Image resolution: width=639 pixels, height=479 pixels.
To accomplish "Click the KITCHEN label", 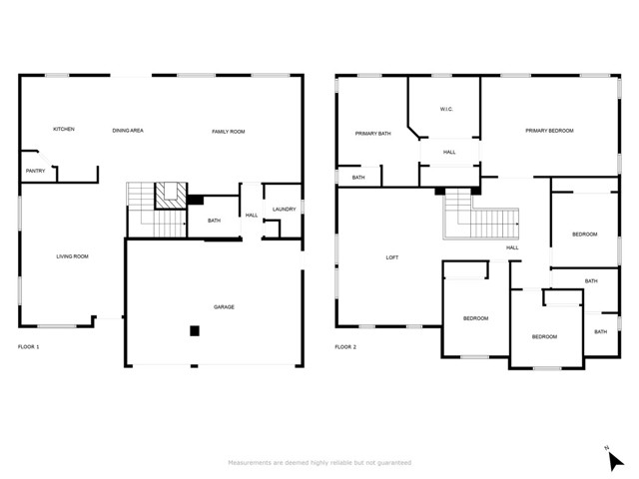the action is tap(64, 129).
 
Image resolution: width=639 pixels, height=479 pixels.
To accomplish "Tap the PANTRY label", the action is tap(36, 171).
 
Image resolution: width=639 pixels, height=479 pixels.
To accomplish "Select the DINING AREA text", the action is tap(128, 131).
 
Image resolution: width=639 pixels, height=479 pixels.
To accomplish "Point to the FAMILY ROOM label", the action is tap(229, 132).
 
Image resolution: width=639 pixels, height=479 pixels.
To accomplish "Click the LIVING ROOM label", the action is tap(72, 256).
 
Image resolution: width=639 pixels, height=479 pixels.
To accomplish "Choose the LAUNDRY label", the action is tap(284, 209).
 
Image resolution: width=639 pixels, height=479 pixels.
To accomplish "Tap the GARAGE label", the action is tap(224, 306).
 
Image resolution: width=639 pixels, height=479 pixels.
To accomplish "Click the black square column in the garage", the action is tap(195, 330).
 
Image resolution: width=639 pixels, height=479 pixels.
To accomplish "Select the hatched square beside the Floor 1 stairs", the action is tap(171, 196).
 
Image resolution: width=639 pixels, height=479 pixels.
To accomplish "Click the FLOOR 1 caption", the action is tap(29, 346).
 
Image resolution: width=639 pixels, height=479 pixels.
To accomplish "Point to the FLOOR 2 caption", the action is tap(345, 346).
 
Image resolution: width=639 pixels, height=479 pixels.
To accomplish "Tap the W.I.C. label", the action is tap(446, 109).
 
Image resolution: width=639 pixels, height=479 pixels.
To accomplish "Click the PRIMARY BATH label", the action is tap(372, 133).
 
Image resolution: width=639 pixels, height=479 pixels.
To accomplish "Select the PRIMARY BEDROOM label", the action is tap(549, 131).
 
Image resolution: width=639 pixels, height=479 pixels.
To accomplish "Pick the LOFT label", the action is tap(392, 257).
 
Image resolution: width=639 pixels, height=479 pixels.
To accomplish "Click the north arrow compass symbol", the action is tap(615, 461).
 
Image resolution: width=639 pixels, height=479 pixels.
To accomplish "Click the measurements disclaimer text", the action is tap(319, 463).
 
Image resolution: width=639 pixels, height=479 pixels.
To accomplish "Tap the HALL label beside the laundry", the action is tap(252, 216).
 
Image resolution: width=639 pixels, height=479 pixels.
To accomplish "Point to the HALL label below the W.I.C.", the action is tap(449, 152).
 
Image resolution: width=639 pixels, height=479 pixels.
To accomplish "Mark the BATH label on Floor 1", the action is tap(214, 221).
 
